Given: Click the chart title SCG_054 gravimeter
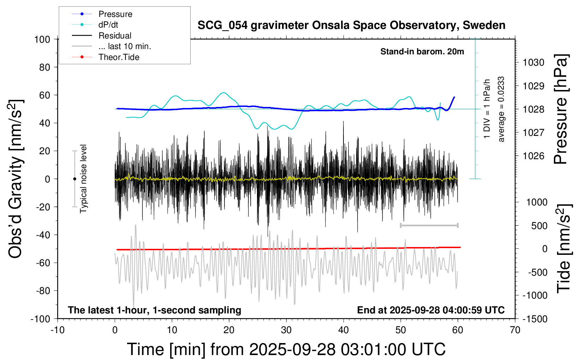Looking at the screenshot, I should click(x=351, y=25).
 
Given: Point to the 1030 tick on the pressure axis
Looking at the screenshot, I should click(x=533, y=62).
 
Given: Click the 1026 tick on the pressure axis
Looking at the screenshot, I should click(x=533, y=156).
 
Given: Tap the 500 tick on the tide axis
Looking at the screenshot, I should click(x=539, y=226).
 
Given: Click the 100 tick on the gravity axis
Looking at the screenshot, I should click(x=42, y=39).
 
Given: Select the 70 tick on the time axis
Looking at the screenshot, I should click(x=515, y=330).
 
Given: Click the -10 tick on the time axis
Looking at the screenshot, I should click(x=58, y=330).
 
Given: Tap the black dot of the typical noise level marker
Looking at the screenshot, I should click(x=74, y=179).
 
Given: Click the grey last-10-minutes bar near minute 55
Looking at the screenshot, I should click(x=429, y=225).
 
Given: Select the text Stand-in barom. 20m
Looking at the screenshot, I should click(x=422, y=52).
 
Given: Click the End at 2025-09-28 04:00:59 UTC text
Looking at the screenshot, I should click(x=431, y=310).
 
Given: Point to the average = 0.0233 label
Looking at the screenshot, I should click(x=501, y=109).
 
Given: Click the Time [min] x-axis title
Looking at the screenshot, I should click(x=286, y=349).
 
